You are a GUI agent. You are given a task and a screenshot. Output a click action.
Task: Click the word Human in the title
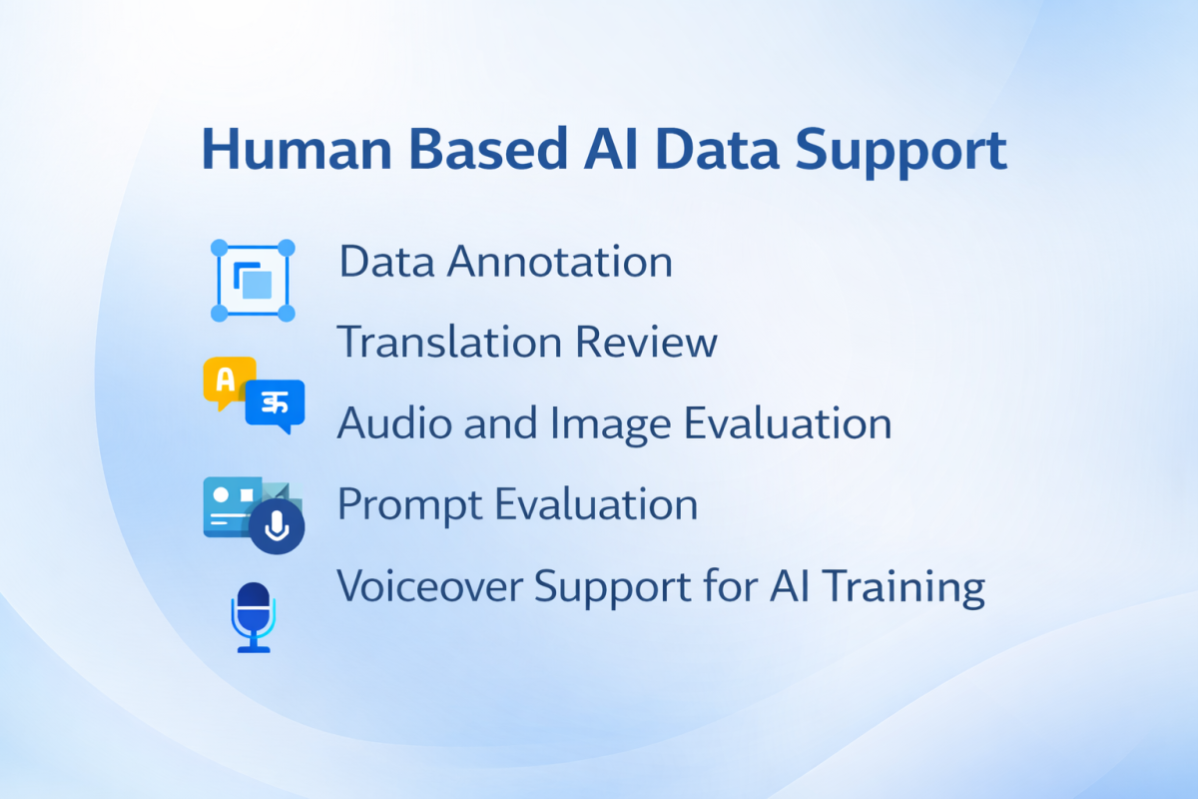pos(297,149)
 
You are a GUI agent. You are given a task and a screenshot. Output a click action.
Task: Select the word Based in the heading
pos(488,149)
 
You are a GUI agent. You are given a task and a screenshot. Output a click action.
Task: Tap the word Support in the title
pos(901,153)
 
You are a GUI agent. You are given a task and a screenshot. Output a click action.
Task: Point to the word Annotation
pos(559,261)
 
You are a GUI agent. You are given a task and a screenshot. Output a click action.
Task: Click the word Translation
pos(449,342)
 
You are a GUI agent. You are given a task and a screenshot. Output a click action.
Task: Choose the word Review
pos(646,342)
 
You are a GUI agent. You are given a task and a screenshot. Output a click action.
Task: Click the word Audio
pos(394,422)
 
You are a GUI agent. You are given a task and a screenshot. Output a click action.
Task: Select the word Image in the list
pos(610,425)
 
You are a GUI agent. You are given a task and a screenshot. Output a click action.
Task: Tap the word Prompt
pos(409,505)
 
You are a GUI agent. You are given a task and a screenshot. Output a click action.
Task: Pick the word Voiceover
pos(429,585)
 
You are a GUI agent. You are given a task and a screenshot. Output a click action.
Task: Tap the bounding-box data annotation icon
pos(253,281)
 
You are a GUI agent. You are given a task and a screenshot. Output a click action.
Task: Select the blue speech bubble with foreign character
pos(275,405)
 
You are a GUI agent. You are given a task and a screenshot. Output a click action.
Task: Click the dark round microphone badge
pos(277,526)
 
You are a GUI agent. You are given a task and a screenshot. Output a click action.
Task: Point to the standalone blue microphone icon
pos(254,617)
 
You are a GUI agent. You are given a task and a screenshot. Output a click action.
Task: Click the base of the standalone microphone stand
pos(254,649)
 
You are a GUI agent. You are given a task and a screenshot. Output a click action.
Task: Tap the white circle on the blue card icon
pos(221,495)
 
